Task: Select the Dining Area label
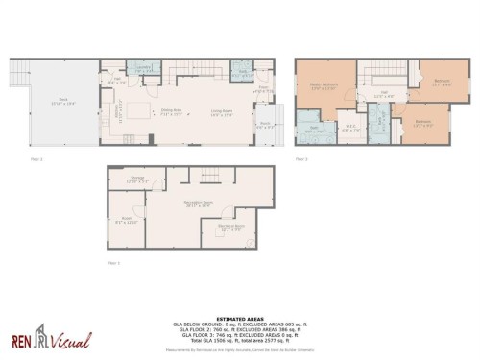pos(171,111)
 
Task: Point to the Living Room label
pos(222,111)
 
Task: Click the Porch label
pos(265,124)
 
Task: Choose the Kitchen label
pos(117,112)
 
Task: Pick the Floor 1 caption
pos(112,262)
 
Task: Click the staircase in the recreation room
pos(208,176)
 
